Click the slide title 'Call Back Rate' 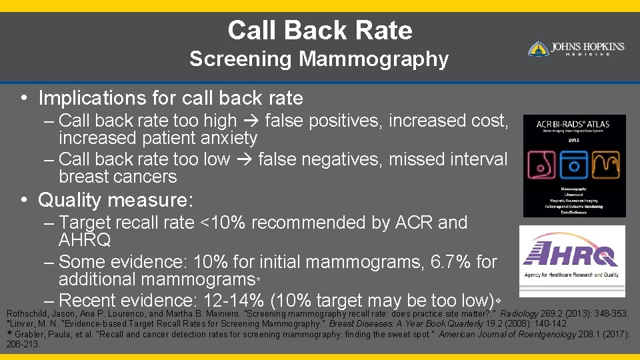tap(319, 31)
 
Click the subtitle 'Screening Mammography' tap(319, 59)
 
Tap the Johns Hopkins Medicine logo tap(576, 49)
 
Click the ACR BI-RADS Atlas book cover tap(574, 165)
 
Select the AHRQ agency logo tap(572, 261)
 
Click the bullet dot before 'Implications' tap(24, 99)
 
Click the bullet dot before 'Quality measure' tap(24, 200)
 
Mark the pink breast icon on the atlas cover tap(542, 163)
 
